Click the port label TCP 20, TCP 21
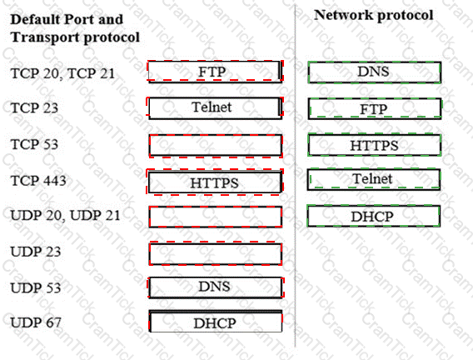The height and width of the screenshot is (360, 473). [x=62, y=73]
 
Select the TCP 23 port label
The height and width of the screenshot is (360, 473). [x=34, y=108]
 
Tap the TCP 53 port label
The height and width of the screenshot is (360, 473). [x=34, y=144]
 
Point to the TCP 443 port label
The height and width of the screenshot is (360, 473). [x=38, y=181]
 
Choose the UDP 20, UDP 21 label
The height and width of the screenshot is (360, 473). [x=66, y=216]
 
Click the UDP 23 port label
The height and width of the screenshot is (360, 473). [x=36, y=252]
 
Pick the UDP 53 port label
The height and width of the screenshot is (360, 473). [x=36, y=287]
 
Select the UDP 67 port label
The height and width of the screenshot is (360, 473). [x=36, y=322]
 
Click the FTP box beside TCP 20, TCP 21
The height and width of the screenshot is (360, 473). [x=215, y=72]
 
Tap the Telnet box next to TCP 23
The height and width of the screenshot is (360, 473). [x=215, y=107]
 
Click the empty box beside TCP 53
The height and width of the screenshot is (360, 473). [x=216, y=146]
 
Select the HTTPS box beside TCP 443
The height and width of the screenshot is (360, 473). [x=215, y=182]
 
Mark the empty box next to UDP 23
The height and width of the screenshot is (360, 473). [x=216, y=253]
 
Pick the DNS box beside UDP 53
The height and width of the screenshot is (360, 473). [x=216, y=287]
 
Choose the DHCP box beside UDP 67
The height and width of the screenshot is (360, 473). [x=216, y=322]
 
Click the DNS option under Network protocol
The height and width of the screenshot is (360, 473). [x=375, y=72]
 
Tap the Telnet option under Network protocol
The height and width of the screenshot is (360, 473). [x=374, y=179]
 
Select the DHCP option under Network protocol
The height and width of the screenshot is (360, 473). [x=373, y=216]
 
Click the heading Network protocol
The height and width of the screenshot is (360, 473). [x=374, y=15]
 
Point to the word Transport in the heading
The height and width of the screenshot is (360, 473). [x=45, y=37]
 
